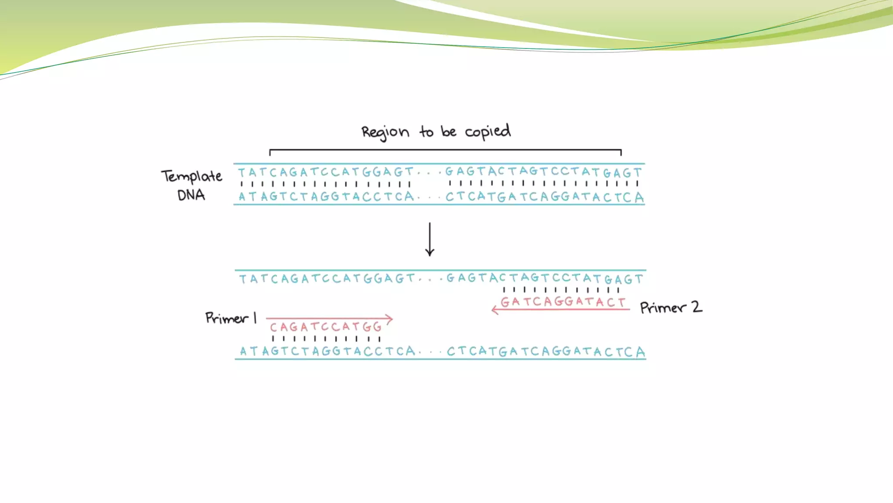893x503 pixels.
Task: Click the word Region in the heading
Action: [x=385, y=132]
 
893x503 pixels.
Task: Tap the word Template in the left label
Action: [x=191, y=176]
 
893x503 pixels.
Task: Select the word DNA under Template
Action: [x=191, y=195]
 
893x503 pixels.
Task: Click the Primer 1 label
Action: [x=231, y=318]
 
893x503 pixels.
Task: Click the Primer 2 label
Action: [x=671, y=307]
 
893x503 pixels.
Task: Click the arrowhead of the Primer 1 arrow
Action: [x=390, y=319]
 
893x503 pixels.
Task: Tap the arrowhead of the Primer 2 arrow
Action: [x=494, y=310]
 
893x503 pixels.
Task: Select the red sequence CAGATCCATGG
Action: [x=326, y=327]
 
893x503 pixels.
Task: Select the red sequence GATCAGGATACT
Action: [x=562, y=302]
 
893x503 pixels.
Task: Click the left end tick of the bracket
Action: [x=270, y=152]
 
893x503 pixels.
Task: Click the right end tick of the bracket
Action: [x=620, y=152]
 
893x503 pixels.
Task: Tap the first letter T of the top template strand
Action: [x=241, y=172]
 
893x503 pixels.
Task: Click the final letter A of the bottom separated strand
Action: [x=640, y=352]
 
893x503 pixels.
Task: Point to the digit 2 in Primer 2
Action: [x=696, y=307]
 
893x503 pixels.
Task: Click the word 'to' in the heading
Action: [x=426, y=131]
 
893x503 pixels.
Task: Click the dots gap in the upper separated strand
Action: [x=430, y=279]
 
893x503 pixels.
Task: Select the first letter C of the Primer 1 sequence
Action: [x=273, y=327]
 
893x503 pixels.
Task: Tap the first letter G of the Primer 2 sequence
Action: [x=505, y=302]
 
